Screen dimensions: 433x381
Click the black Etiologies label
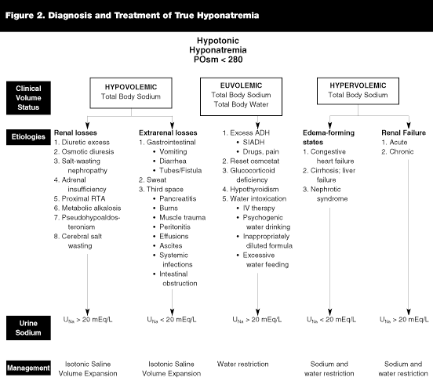point(28,137)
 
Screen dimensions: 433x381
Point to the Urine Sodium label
point(28,328)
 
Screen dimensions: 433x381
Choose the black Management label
point(28,368)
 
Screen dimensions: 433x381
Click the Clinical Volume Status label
point(28,98)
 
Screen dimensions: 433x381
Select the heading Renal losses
point(75,132)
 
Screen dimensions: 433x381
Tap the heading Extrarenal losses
point(168,132)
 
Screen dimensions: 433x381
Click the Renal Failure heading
point(403,132)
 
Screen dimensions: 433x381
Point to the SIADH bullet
point(253,142)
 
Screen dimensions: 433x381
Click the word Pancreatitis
point(178,198)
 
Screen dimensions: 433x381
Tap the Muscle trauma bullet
point(182,217)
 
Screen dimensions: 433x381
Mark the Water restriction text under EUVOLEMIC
point(242,365)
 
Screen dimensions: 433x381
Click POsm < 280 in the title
point(218,60)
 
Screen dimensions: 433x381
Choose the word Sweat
point(156,180)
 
